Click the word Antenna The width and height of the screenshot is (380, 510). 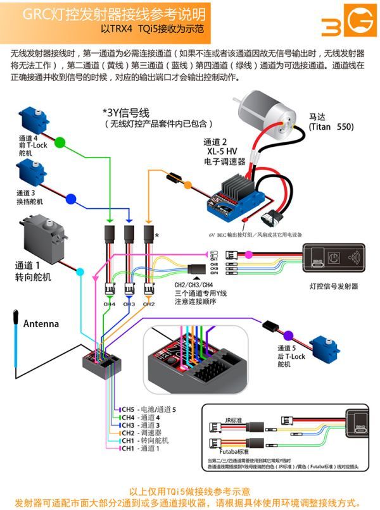click(41, 324)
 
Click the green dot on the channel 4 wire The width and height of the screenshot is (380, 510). click(60, 140)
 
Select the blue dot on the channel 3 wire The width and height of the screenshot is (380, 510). click(70, 199)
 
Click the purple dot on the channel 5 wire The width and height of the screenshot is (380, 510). click(288, 335)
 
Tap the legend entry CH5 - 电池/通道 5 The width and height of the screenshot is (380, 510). click(148, 410)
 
